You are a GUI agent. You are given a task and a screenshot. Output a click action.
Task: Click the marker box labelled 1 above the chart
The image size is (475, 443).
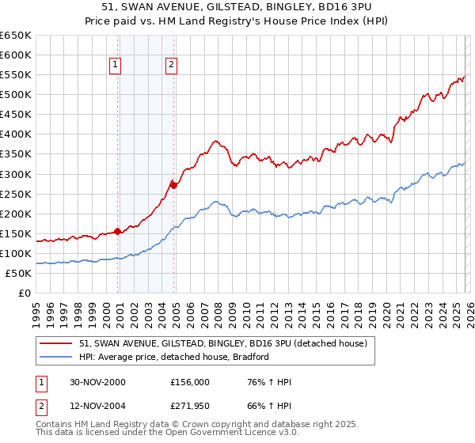[116, 66]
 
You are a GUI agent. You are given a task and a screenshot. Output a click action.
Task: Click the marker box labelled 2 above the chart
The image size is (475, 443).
[171, 66]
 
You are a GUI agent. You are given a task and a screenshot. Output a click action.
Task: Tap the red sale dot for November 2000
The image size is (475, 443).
[118, 231]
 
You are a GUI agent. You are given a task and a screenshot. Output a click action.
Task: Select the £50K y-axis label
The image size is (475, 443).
[18, 274]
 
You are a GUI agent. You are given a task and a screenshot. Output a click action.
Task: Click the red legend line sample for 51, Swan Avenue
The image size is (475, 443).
[56, 344]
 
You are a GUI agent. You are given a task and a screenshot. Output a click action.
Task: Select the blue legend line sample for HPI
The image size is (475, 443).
[56, 358]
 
